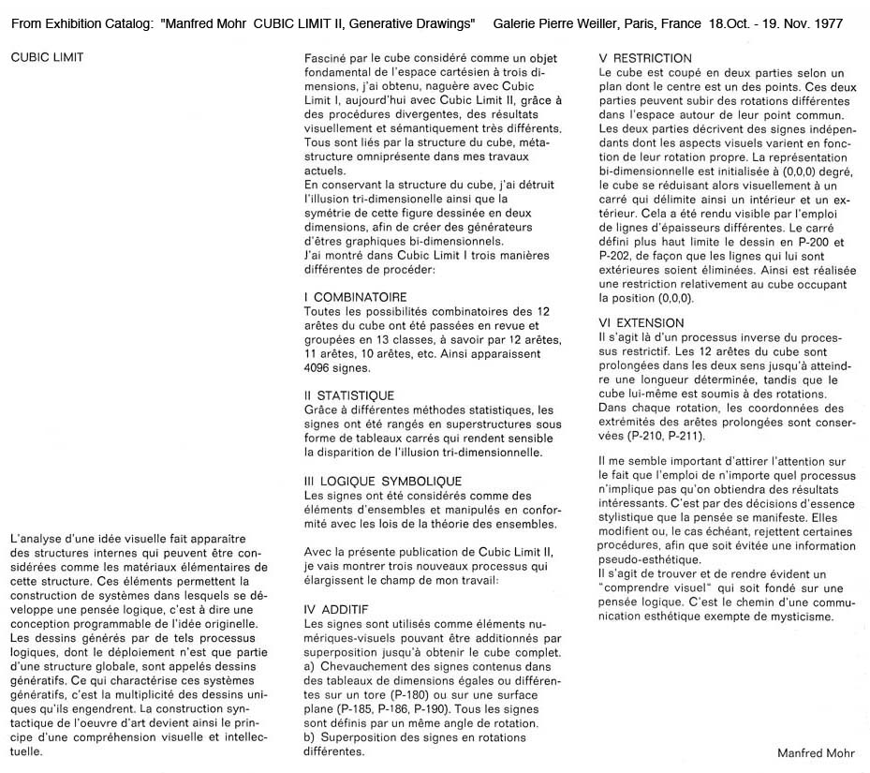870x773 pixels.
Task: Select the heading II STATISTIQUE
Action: (349, 396)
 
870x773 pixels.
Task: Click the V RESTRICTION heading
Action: (645, 58)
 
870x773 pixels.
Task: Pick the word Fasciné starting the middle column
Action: (327, 58)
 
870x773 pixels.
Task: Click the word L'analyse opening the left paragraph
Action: (37, 539)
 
